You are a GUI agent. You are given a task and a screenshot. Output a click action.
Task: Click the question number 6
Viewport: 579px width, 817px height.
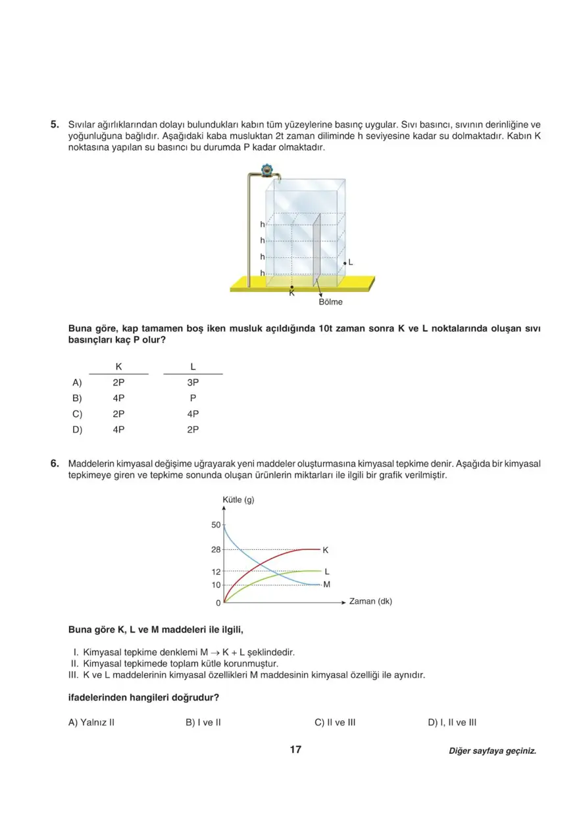point(55,464)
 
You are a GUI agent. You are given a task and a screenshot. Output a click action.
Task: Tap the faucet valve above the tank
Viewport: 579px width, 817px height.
point(267,171)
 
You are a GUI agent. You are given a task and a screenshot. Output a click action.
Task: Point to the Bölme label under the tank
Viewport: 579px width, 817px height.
point(330,303)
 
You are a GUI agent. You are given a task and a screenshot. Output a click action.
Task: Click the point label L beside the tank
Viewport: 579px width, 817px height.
point(351,262)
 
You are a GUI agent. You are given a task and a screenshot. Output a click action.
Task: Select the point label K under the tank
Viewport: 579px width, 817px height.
point(291,293)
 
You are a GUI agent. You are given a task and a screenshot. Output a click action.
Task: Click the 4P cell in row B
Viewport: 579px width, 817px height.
point(118,398)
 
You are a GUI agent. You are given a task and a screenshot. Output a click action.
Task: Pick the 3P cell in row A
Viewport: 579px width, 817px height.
point(193,382)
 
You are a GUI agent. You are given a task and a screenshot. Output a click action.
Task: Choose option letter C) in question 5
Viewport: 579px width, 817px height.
point(77,414)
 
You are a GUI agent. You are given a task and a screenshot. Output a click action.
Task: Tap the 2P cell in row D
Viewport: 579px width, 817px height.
point(193,430)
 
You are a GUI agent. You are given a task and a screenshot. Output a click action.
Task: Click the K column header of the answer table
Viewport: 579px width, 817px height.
point(118,366)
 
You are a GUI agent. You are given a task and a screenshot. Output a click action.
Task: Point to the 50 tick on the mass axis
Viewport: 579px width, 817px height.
point(216,525)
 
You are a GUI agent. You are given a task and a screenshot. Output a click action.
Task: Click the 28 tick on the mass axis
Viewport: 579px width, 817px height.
point(216,549)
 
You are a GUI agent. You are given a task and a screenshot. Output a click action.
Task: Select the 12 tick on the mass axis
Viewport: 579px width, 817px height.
point(216,572)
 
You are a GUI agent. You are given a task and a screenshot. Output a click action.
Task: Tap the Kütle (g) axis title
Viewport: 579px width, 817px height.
point(239,500)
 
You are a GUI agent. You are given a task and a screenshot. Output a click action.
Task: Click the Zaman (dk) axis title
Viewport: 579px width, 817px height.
point(370,601)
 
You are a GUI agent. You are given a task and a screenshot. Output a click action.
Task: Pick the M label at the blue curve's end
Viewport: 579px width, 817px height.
point(327,584)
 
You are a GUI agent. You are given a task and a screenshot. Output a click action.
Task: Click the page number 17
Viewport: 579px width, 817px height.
point(295,749)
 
